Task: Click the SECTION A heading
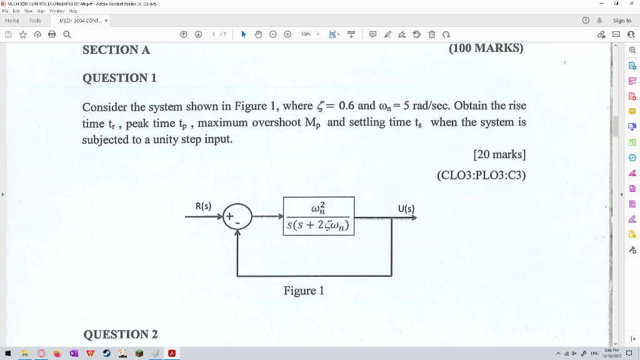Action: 116,50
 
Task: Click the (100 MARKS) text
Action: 486,48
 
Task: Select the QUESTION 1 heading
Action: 119,78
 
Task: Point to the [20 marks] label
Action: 499,154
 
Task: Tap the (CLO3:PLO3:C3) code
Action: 481,176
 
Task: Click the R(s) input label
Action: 204,206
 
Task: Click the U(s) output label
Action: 406,208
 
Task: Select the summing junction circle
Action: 237,217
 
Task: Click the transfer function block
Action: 319,216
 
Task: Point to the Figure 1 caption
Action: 304,291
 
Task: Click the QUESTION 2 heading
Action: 120,334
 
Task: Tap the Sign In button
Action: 622,21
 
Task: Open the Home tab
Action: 13,21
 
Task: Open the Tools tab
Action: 35,21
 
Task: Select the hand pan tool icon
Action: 258,34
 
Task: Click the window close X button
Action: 632,4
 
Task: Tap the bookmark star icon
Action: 22,34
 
